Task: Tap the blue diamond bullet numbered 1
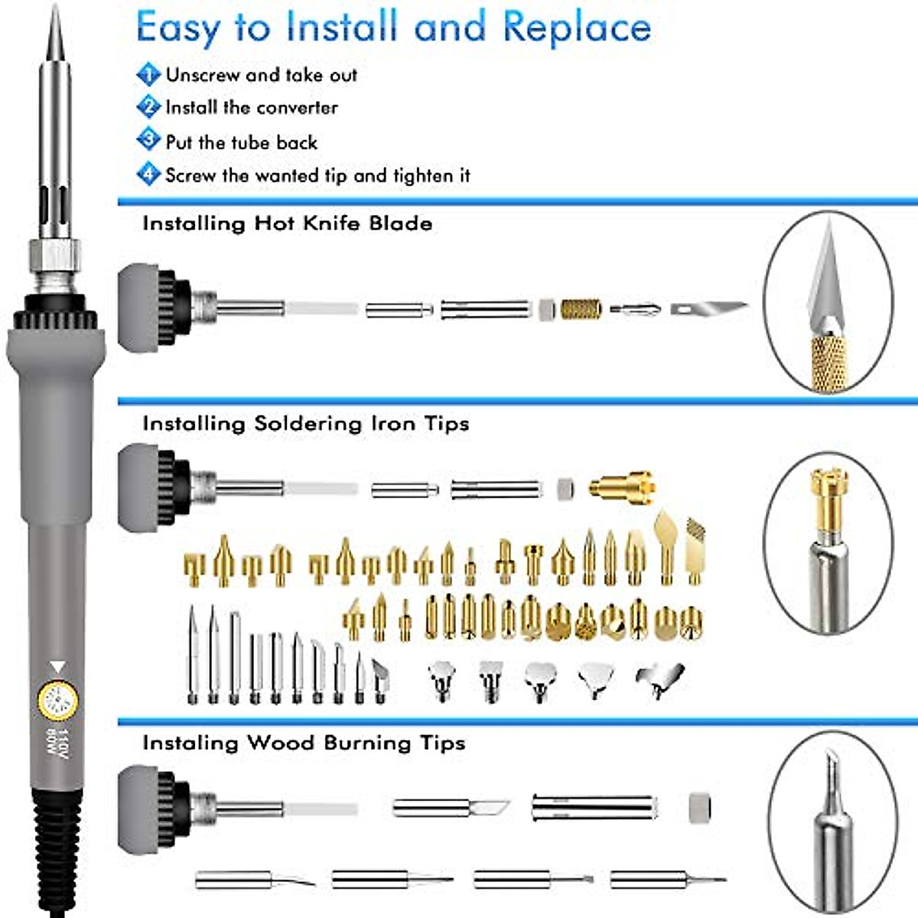pyautogui.click(x=148, y=74)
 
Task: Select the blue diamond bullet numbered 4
pyautogui.click(x=148, y=174)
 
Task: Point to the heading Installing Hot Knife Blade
pyautogui.click(x=287, y=223)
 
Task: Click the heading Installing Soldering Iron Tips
pyautogui.click(x=305, y=424)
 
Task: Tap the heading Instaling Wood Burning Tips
pyautogui.click(x=303, y=743)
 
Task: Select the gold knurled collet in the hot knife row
pyautogui.click(x=581, y=309)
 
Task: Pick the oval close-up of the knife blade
pyautogui.click(x=828, y=302)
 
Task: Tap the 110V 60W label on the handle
pyautogui.click(x=57, y=744)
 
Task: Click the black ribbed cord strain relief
pyautogui.click(x=57, y=849)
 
